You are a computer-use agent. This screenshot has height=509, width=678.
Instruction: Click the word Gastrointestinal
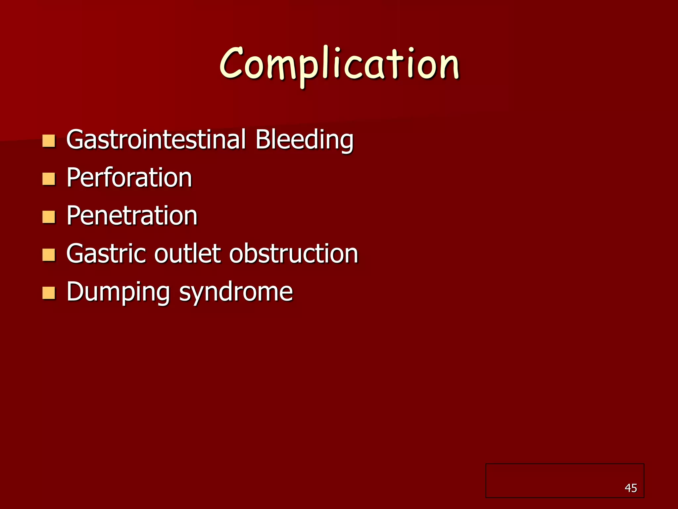point(156,140)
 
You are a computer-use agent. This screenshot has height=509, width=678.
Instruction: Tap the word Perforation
point(129,178)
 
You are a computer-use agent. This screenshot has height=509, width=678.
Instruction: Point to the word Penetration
point(132,216)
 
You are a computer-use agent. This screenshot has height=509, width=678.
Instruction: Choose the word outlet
point(188,254)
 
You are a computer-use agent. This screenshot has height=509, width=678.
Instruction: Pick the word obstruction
point(294,254)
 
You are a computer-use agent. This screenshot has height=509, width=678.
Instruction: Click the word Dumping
point(118,292)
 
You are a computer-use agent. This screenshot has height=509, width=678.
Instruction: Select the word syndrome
point(236,292)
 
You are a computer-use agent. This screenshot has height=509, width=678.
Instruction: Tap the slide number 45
point(631,488)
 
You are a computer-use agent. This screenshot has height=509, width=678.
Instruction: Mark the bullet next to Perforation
point(49,179)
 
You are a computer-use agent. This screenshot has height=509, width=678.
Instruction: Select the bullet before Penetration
point(49,217)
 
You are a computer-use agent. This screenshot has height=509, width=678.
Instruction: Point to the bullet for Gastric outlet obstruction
point(49,255)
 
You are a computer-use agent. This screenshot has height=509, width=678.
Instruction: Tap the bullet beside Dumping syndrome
point(49,293)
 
